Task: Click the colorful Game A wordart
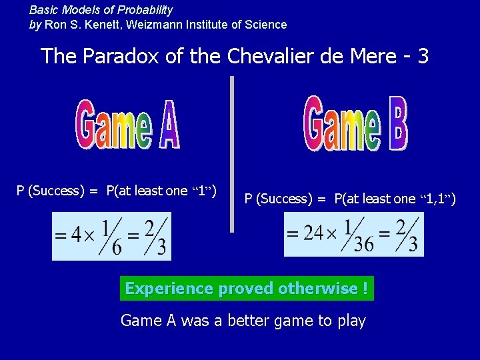coord(127,124)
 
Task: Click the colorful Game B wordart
coord(355,123)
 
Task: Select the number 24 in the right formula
coord(313,234)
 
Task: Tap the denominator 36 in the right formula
coord(364,244)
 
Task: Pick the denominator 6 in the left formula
coord(116,247)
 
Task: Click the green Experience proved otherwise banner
coord(246,289)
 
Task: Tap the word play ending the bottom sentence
coord(351,321)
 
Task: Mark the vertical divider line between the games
coord(232,153)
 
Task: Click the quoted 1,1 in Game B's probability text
coord(439,199)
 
